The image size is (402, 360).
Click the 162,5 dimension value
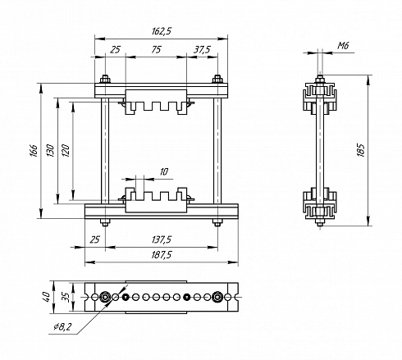162,31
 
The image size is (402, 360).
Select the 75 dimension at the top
156,49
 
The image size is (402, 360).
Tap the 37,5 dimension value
202,49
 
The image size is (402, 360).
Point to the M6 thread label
343,45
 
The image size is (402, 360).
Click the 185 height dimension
361,150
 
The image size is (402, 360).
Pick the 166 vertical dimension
34,151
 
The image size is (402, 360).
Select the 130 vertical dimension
50,151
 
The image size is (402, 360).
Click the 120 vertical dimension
66,151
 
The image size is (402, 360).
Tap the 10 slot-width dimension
163,172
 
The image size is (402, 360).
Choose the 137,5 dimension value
162,239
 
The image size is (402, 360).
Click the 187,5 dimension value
162,255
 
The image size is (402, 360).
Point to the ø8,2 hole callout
62,326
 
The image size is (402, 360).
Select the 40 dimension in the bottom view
46,297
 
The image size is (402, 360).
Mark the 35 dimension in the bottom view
66,297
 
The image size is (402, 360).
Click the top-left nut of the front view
105,80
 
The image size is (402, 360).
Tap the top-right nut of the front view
217,80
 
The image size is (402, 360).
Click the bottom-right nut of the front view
217,222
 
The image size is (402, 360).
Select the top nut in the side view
320,80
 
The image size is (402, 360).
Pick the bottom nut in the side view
320,222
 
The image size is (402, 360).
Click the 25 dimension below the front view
94,239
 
